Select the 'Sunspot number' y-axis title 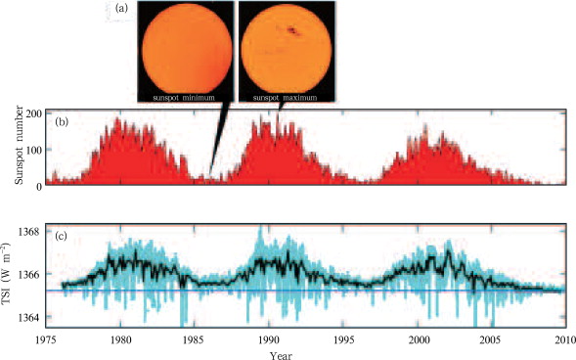(17, 147)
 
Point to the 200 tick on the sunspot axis (32, 114)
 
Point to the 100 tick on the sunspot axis (32, 150)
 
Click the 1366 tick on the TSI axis (28, 275)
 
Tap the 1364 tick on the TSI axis (28, 318)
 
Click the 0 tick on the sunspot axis (38, 184)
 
